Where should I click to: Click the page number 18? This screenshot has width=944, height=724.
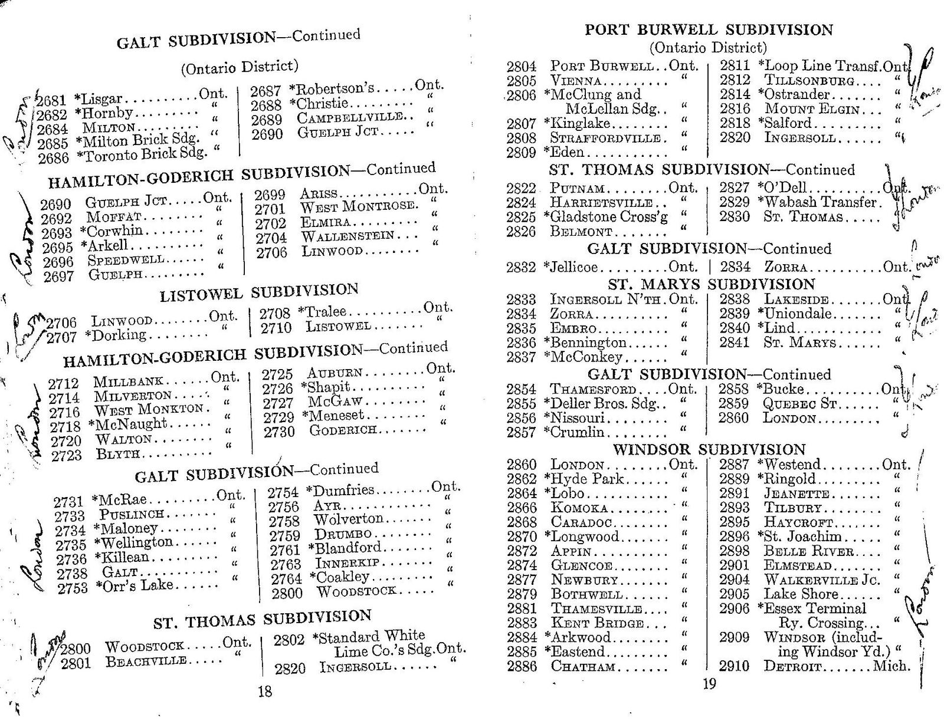click(x=265, y=691)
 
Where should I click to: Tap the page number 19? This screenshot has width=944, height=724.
click(x=709, y=684)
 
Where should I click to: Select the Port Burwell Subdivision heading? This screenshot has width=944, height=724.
click(x=709, y=29)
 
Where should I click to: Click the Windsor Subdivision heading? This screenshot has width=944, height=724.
click(x=709, y=450)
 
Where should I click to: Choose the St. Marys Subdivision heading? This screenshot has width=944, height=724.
click(x=711, y=285)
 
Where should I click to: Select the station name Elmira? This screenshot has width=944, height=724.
click(x=326, y=223)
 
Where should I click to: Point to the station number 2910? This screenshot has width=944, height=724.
click(x=733, y=666)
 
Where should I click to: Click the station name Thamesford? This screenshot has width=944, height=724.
click(x=593, y=389)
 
